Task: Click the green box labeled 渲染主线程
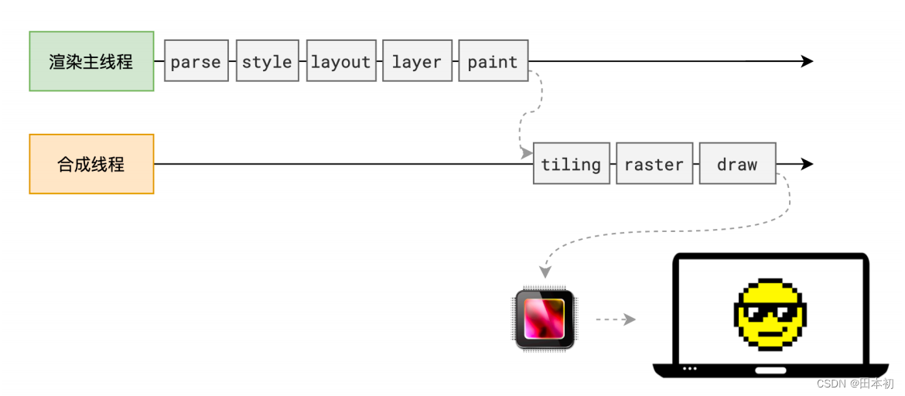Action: (92, 61)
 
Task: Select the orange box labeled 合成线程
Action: (92, 164)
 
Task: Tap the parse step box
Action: (196, 60)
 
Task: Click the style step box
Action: (267, 60)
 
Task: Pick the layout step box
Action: (341, 60)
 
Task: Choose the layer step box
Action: (417, 60)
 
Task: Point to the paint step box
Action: (493, 60)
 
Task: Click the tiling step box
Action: (572, 163)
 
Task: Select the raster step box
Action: (654, 163)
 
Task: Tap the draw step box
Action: (738, 163)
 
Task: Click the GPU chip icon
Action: (545, 319)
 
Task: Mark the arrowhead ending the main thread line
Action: (807, 61)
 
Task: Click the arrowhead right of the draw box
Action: (807, 164)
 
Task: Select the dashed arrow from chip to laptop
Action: (615, 319)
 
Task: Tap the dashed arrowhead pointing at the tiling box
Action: (527, 154)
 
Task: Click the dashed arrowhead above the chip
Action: (545, 272)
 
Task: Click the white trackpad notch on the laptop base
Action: (771, 370)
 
